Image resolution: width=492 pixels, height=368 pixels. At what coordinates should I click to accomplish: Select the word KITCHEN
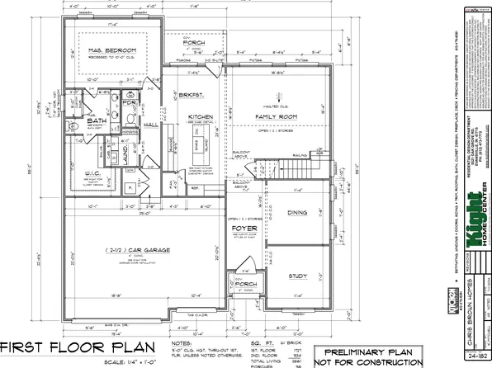point(201,118)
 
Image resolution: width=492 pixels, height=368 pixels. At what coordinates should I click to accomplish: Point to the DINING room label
point(296,213)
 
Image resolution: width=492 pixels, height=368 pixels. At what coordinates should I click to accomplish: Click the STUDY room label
point(297,277)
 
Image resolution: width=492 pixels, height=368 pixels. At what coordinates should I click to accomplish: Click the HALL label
point(152,124)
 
